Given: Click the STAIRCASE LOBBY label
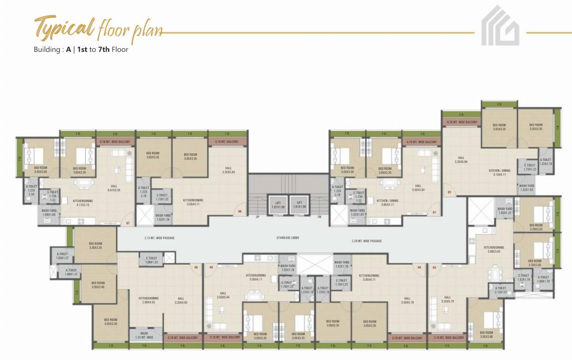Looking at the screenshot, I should coord(288,238).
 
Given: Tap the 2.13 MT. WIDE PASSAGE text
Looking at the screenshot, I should coord(159,238).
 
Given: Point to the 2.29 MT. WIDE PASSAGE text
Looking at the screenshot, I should coord(367,241).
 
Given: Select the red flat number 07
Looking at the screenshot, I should coord(128,223).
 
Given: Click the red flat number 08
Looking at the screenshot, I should coord(240,211).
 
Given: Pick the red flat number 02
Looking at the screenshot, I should coord(449,192).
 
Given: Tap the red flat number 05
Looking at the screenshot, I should coord(211,267).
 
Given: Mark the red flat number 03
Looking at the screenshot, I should coord(435,267).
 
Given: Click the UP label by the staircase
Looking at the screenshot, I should coord(257,217).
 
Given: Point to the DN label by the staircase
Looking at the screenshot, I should coord(319,217).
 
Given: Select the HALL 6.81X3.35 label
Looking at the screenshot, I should coord(114,188).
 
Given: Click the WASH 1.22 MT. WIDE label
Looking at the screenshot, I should coord(144,336).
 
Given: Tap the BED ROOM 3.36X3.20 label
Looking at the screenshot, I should coord(95,245).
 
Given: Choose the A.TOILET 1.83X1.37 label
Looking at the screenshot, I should coord(62,256).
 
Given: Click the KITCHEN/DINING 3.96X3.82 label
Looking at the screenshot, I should coord(494,249).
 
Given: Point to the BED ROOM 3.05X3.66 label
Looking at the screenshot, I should coord(486,334).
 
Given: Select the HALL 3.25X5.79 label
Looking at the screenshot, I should coord(447,299).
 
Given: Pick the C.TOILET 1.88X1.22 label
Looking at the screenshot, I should coord(151,260).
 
